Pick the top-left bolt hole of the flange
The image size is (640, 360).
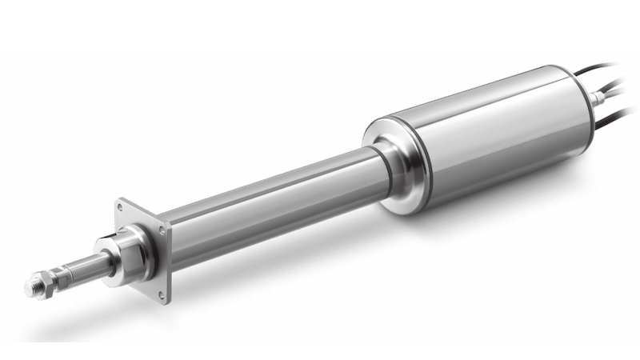[121, 206]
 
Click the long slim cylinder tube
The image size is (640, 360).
[264, 204]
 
